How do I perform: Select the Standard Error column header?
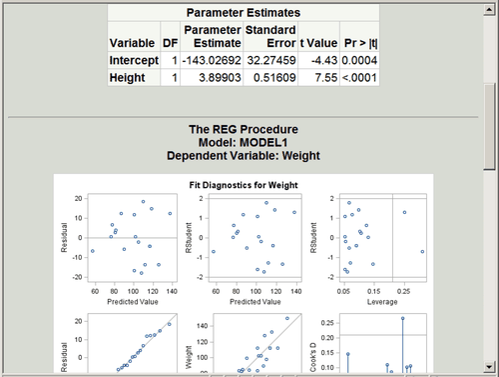point(270,37)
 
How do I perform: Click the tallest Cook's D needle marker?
point(402,318)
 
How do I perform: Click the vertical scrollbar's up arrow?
point(488,8)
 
